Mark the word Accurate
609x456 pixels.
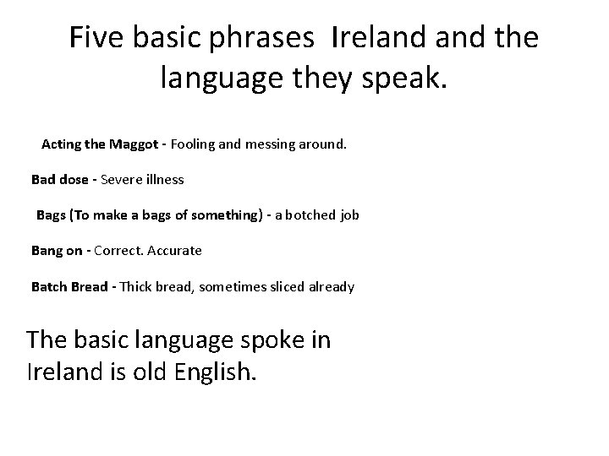(x=175, y=251)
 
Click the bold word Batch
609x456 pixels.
(x=48, y=287)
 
